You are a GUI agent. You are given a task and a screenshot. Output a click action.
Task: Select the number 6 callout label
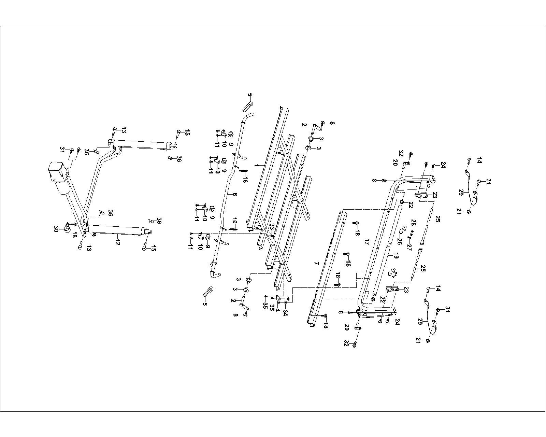tap(235, 194)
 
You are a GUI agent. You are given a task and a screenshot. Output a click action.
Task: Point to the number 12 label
tap(118, 236)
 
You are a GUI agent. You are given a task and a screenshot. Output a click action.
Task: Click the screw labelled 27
tap(409, 237)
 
